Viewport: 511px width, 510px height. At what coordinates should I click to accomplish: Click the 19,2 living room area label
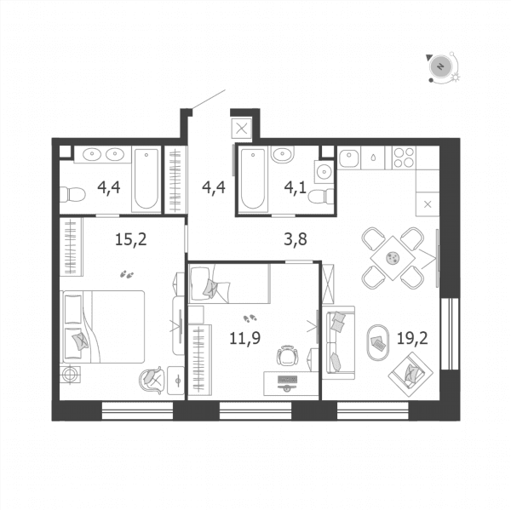pos(412,339)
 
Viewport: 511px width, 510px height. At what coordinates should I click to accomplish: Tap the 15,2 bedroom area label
pos(130,239)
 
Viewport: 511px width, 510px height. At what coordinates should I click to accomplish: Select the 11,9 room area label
pos(245,338)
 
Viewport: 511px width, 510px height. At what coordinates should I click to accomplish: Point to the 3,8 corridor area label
pos(296,239)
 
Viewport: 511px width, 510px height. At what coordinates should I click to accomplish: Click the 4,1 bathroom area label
pos(296,187)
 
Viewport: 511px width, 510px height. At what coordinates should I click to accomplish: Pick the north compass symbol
pos(441,67)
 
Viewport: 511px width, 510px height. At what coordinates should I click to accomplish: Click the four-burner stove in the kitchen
pos(404,158)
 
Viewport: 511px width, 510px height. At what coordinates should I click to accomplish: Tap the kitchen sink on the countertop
pos(349,158)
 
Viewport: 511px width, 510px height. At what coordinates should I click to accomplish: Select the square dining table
pos(393,258)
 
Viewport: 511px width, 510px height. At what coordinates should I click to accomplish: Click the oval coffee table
pos(378,342)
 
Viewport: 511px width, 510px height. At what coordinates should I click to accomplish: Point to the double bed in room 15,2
pos(104,327)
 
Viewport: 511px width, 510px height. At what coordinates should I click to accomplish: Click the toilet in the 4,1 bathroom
pos(321,196)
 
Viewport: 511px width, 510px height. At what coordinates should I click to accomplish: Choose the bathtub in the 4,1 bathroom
pos(253,179)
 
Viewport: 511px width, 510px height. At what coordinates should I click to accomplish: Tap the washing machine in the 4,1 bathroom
pos(324,171)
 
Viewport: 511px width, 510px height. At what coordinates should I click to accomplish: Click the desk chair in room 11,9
pos(287,356)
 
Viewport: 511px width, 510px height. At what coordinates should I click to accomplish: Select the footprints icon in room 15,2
pos(127,275)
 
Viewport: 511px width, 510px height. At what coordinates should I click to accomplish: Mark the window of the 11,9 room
pos(255,410)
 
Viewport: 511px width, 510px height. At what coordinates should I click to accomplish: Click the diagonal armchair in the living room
pos(411,375)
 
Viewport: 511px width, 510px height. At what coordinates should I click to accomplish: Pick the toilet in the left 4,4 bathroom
pos(72,195)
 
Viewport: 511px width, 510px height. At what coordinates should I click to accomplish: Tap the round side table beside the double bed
pos(70,375)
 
